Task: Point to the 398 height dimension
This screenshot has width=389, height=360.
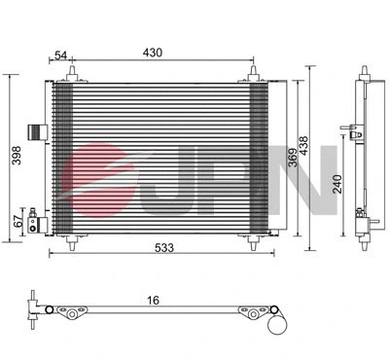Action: point(13,153)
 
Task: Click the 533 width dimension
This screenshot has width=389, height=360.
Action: point(163,248)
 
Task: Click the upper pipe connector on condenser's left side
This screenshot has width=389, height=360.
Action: point(36,131)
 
